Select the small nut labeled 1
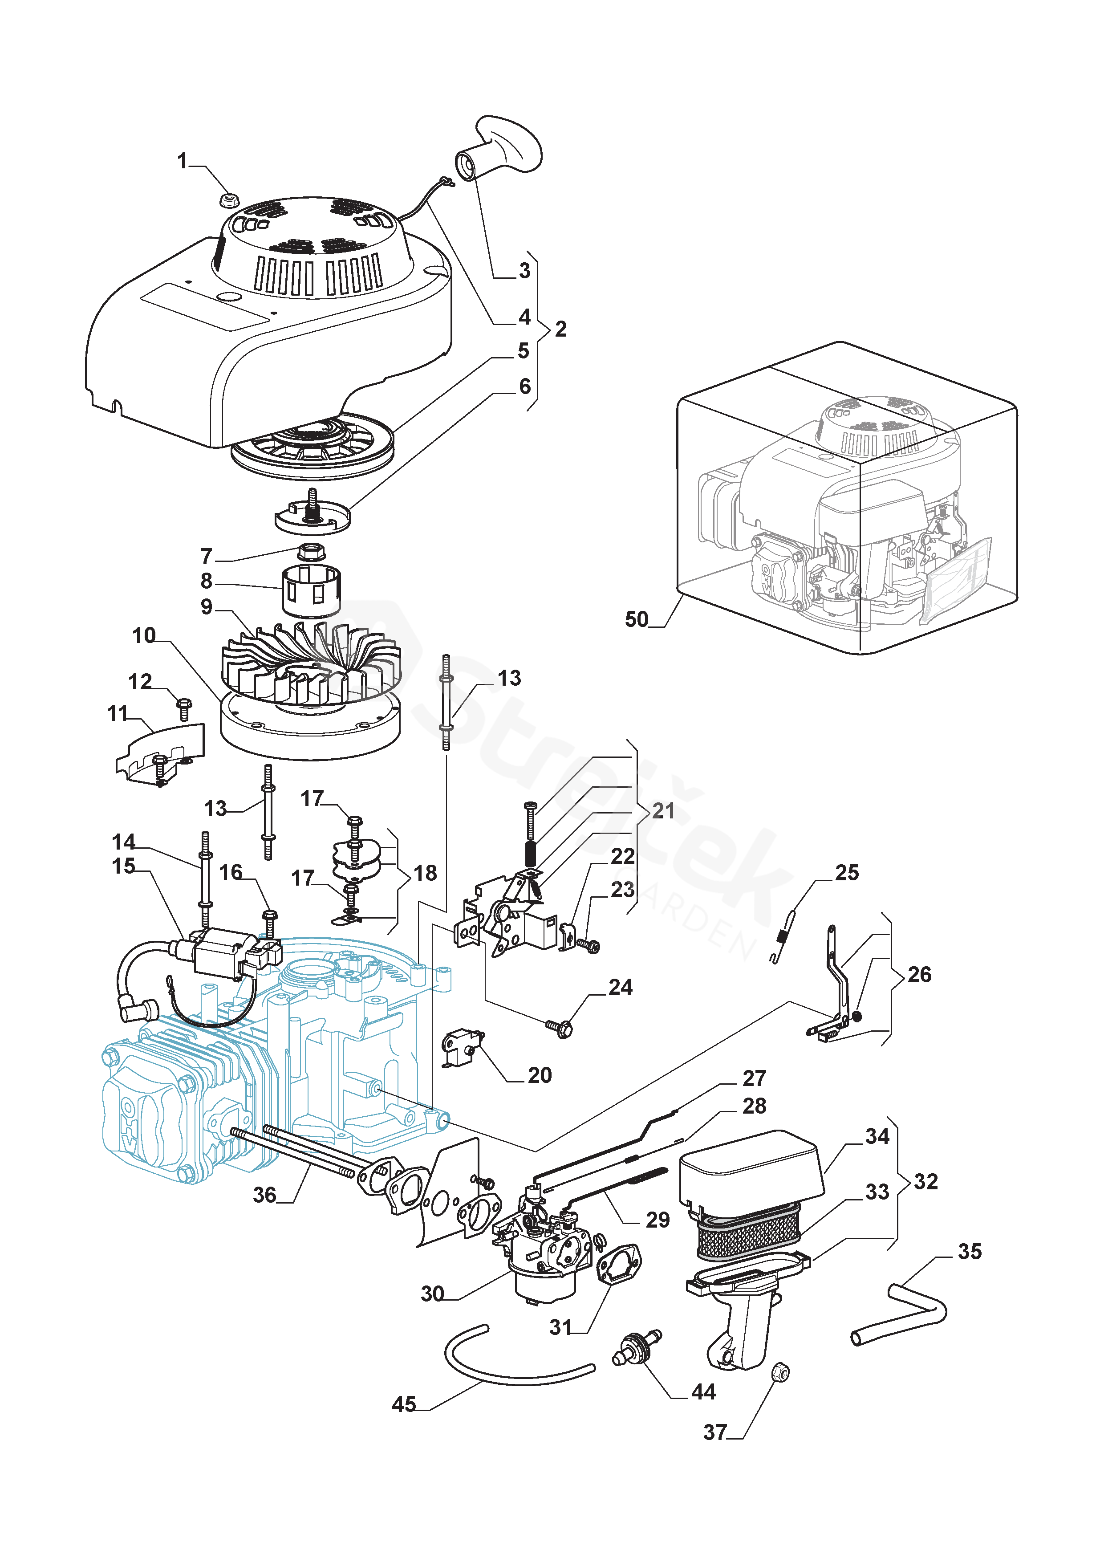pos(229,199)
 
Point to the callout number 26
pos(919,974)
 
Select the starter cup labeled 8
pos(311,590)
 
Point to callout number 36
pos(264,1195)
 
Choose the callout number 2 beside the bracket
pos(560,329)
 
